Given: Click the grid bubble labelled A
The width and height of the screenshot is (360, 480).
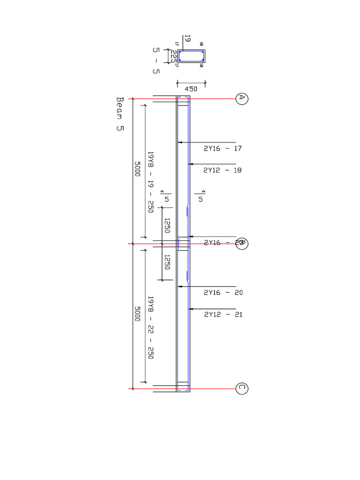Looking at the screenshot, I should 241,98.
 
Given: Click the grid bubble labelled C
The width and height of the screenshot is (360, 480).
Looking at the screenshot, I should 241,388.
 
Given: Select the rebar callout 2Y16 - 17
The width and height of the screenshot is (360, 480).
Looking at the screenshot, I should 223,148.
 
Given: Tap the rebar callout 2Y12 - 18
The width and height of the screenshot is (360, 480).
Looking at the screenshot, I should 223,171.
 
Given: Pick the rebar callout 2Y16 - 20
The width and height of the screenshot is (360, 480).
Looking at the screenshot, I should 223,292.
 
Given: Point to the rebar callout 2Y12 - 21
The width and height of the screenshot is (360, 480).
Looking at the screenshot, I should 223,315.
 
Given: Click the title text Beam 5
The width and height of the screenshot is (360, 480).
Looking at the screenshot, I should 120,115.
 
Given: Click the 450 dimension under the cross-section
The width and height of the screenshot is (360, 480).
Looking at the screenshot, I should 191,89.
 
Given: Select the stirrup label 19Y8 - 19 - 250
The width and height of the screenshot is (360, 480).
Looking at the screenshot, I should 150,182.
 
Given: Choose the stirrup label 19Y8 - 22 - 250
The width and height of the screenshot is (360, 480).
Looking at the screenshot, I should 150,327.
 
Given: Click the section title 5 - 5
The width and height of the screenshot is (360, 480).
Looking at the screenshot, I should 156,60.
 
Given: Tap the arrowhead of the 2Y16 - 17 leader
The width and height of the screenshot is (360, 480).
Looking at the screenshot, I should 179,142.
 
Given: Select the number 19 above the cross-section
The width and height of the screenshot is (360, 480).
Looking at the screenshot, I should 187,38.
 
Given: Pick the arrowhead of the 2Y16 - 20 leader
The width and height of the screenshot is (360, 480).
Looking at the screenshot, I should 179,286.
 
